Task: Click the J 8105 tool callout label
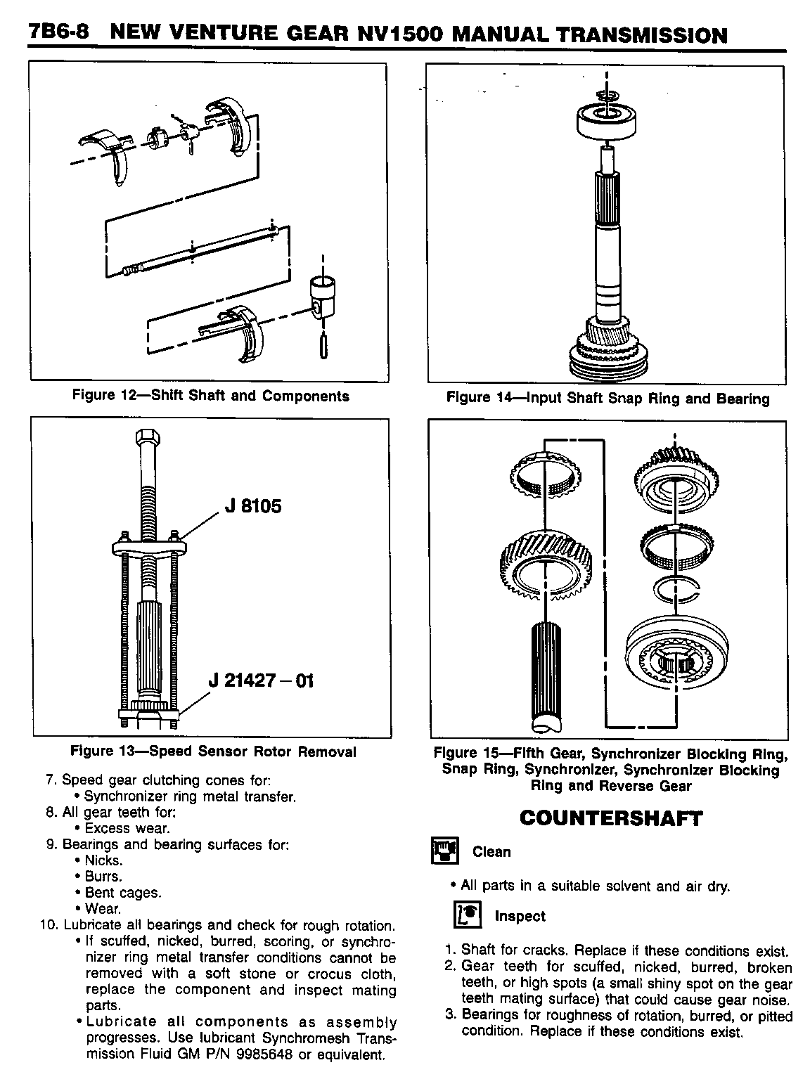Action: point(253,506)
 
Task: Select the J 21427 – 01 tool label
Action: point(261,680)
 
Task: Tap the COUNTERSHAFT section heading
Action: point(610,818)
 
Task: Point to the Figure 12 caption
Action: point(211,396)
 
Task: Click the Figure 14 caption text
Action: point(608,399)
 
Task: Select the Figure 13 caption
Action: point(213,751)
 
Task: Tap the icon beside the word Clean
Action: point(444,851)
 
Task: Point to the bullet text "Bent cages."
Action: point(122,893)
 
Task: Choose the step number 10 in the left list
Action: point(51,925)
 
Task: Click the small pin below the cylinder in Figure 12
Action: point(323,347)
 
